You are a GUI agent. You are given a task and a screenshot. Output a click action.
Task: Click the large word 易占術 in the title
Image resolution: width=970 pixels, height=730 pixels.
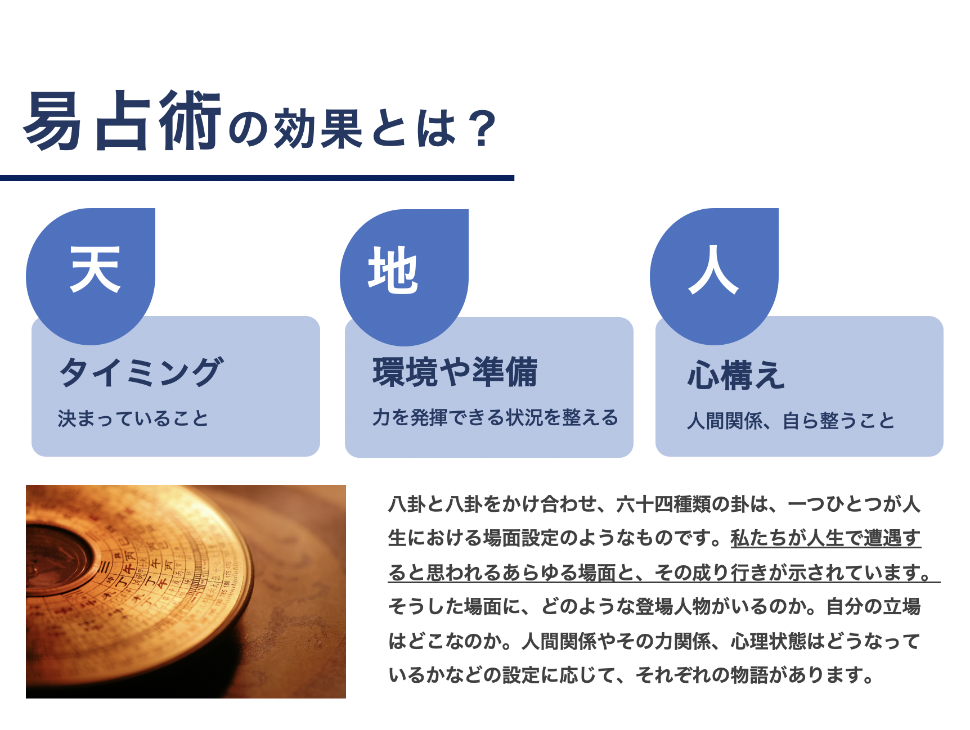[x=122, y=121]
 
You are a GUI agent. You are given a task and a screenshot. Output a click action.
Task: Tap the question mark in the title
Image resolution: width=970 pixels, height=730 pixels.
[x=483, y=129]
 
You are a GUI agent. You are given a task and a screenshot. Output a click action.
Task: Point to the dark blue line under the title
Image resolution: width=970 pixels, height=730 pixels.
[x=257, y=178]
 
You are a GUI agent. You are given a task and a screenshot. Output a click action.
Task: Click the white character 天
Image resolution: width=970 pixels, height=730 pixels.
[x=95, y=269]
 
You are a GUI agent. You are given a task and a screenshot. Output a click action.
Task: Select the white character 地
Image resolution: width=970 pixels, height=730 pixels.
[x=393, y=271]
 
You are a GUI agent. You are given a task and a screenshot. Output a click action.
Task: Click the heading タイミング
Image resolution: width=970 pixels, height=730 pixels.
[x=141, y=372]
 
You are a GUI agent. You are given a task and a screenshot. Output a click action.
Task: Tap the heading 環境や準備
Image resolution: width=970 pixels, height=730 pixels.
[x=455, y=372]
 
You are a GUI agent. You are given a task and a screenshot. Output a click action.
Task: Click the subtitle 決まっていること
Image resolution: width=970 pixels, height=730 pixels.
[x=133, y=418]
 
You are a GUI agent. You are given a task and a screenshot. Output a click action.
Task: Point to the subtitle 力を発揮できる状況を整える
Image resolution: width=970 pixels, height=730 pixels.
[x=495, y=417]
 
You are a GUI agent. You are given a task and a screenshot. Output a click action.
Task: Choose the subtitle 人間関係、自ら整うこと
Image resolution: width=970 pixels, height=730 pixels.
[x=791, y=421]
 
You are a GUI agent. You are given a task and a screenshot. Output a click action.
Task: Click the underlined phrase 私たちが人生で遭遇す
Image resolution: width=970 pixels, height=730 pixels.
[x=825, y=538]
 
